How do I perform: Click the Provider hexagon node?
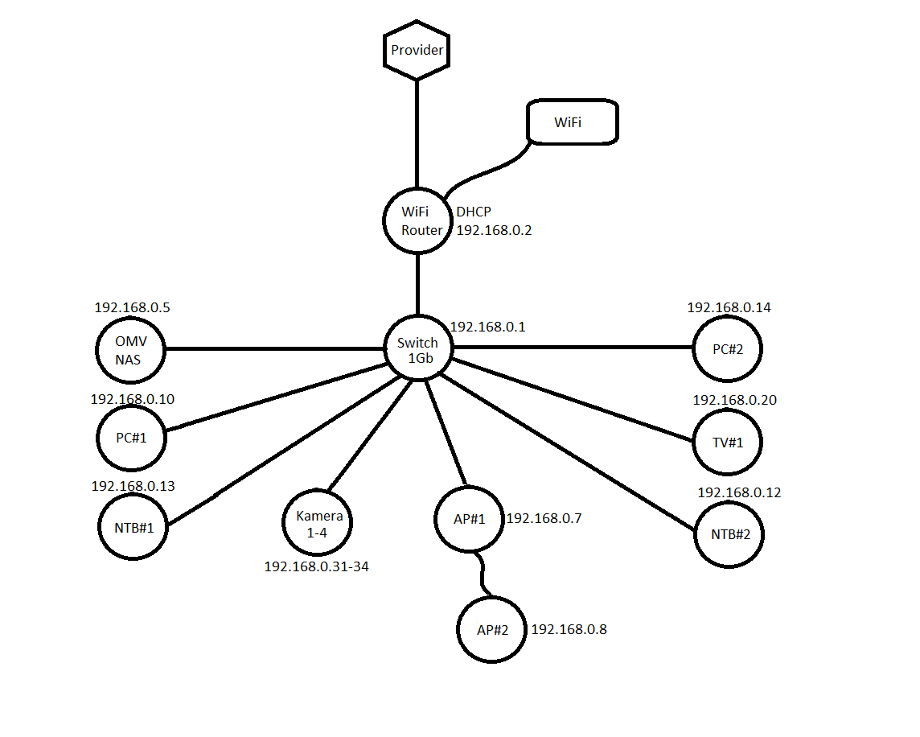pos(417,51)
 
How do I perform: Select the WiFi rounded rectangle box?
pos(571,122)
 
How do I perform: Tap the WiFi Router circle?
pos(417,221)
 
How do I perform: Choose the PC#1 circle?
pos(130,438)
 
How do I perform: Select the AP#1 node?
pos(470,519)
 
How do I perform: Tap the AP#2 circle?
pos(492,629)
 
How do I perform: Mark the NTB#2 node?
pos(729,534)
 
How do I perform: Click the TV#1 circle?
pos(726,442)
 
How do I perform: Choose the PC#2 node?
pos(726,349)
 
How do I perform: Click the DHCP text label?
pos(474,212)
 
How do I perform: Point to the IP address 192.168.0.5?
pos(133,307)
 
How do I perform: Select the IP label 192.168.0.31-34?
pos(317,566)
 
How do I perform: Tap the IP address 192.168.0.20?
pos(734,400)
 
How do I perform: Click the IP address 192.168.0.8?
pos(569,629)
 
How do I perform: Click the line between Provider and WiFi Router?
pos(417,133)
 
